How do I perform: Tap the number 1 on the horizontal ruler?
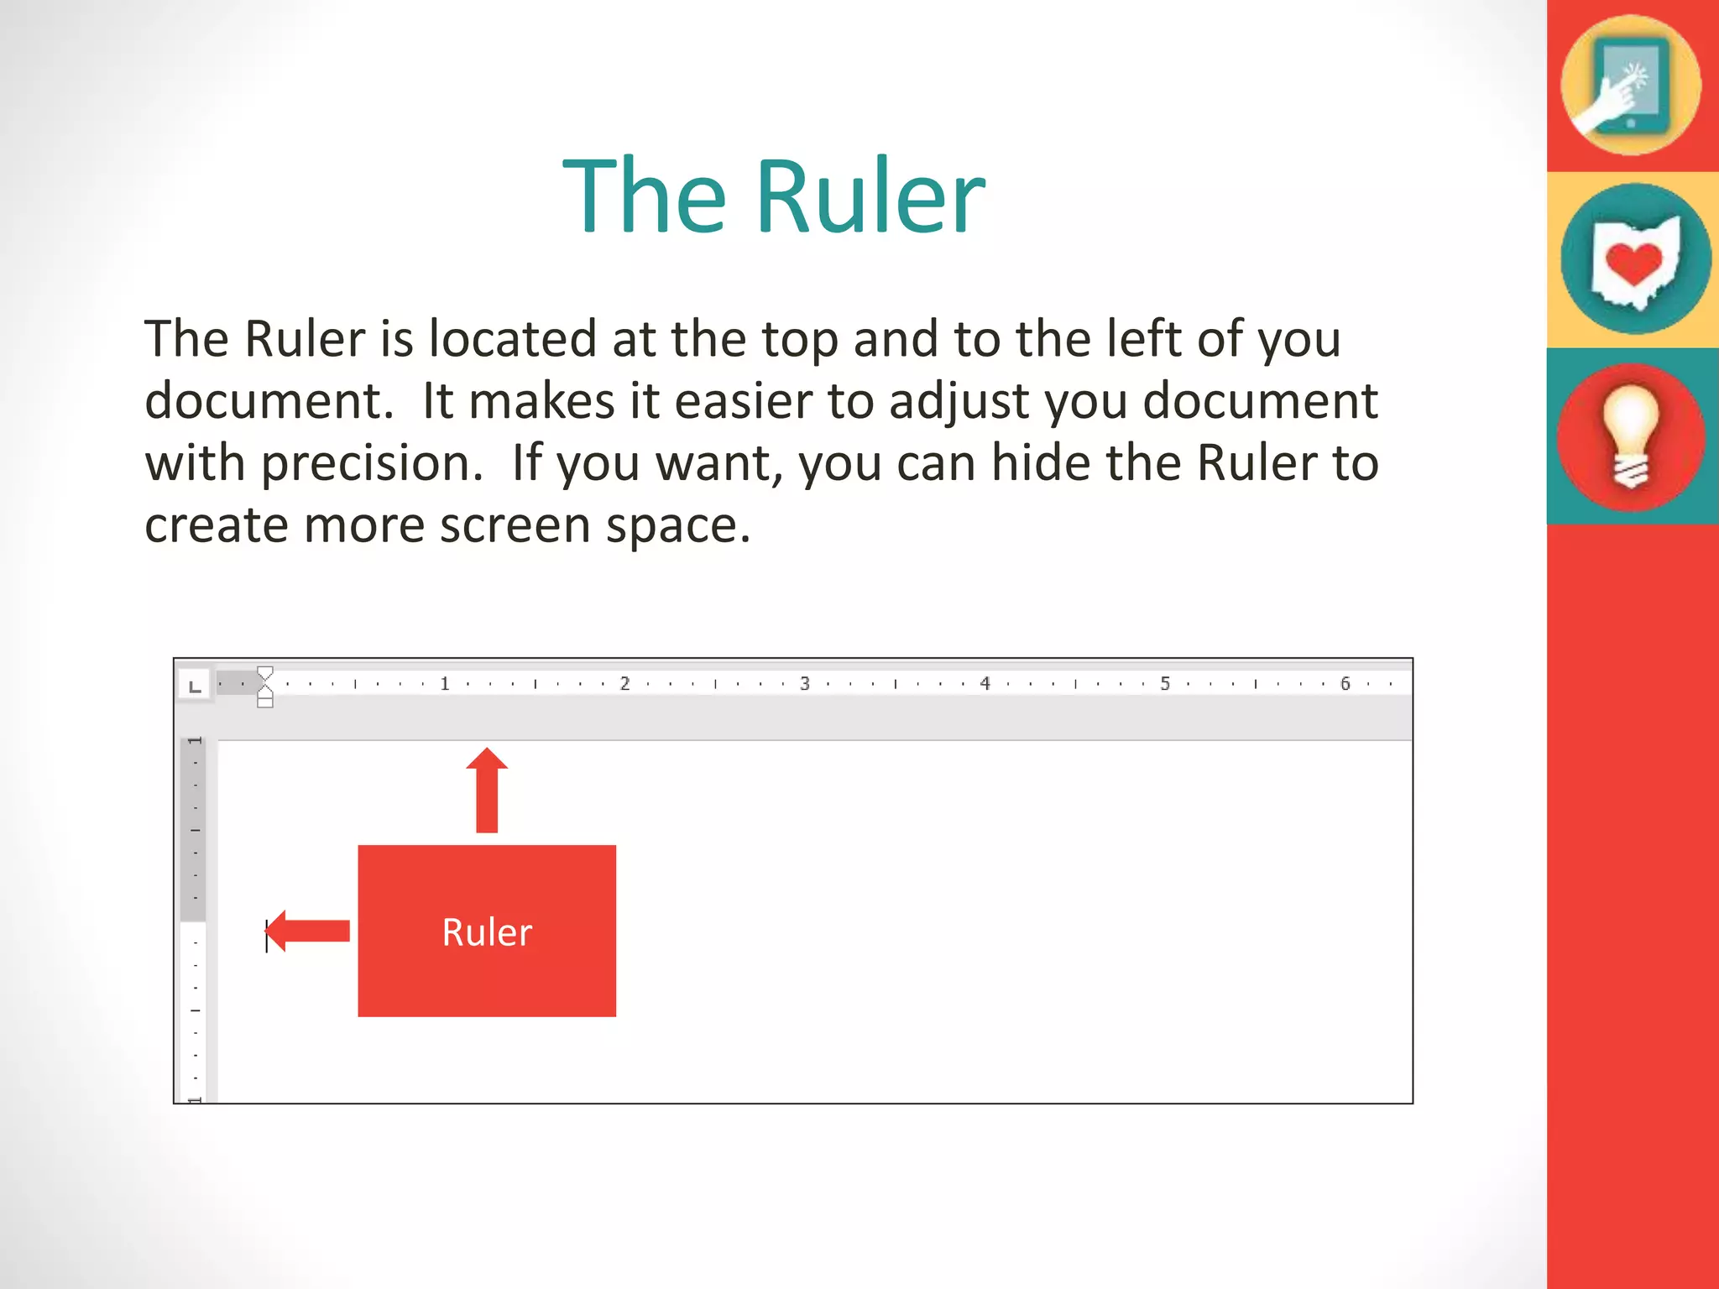tap(445, 684)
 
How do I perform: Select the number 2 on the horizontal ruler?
tap(624, 684)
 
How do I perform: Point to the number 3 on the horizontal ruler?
tap(804, 684)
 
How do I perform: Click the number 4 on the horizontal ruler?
tap(985, 684)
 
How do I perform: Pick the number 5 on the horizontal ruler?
tap(1165, 684)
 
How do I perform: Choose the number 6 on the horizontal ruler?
tap(1345, 684)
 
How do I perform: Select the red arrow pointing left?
tap(308, 931)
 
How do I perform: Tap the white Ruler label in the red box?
tap(487, 932)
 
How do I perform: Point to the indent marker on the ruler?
tap(265, 686)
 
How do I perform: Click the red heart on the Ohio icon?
tap(1633, 264)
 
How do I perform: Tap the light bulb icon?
tap(1631, 436)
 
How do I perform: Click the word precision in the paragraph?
tap(373, 463)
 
